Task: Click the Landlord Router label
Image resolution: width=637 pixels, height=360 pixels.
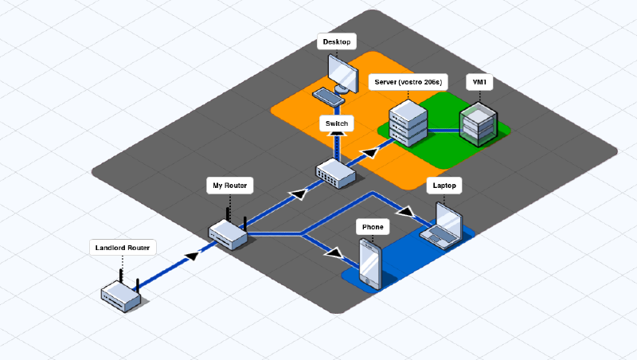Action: (x=122, y=248)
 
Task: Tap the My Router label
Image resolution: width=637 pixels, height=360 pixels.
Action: (x=229, y=186)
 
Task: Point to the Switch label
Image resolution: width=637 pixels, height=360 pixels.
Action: (x=337, y=123)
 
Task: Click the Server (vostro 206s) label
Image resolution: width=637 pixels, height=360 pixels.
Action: (x=408, y=82)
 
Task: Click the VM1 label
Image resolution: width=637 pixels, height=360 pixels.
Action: (x=479, y=82)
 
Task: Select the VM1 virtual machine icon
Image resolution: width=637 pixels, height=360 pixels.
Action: (x=478, y=123)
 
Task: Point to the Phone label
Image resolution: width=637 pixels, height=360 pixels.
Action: (x=373, y=227)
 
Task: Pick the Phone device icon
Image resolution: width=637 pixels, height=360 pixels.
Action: (x=371, y=264)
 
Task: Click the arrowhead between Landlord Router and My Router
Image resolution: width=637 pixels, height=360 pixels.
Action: (x=191, y=256)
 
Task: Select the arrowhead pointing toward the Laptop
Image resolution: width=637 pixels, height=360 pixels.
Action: (x=406, y=213)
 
